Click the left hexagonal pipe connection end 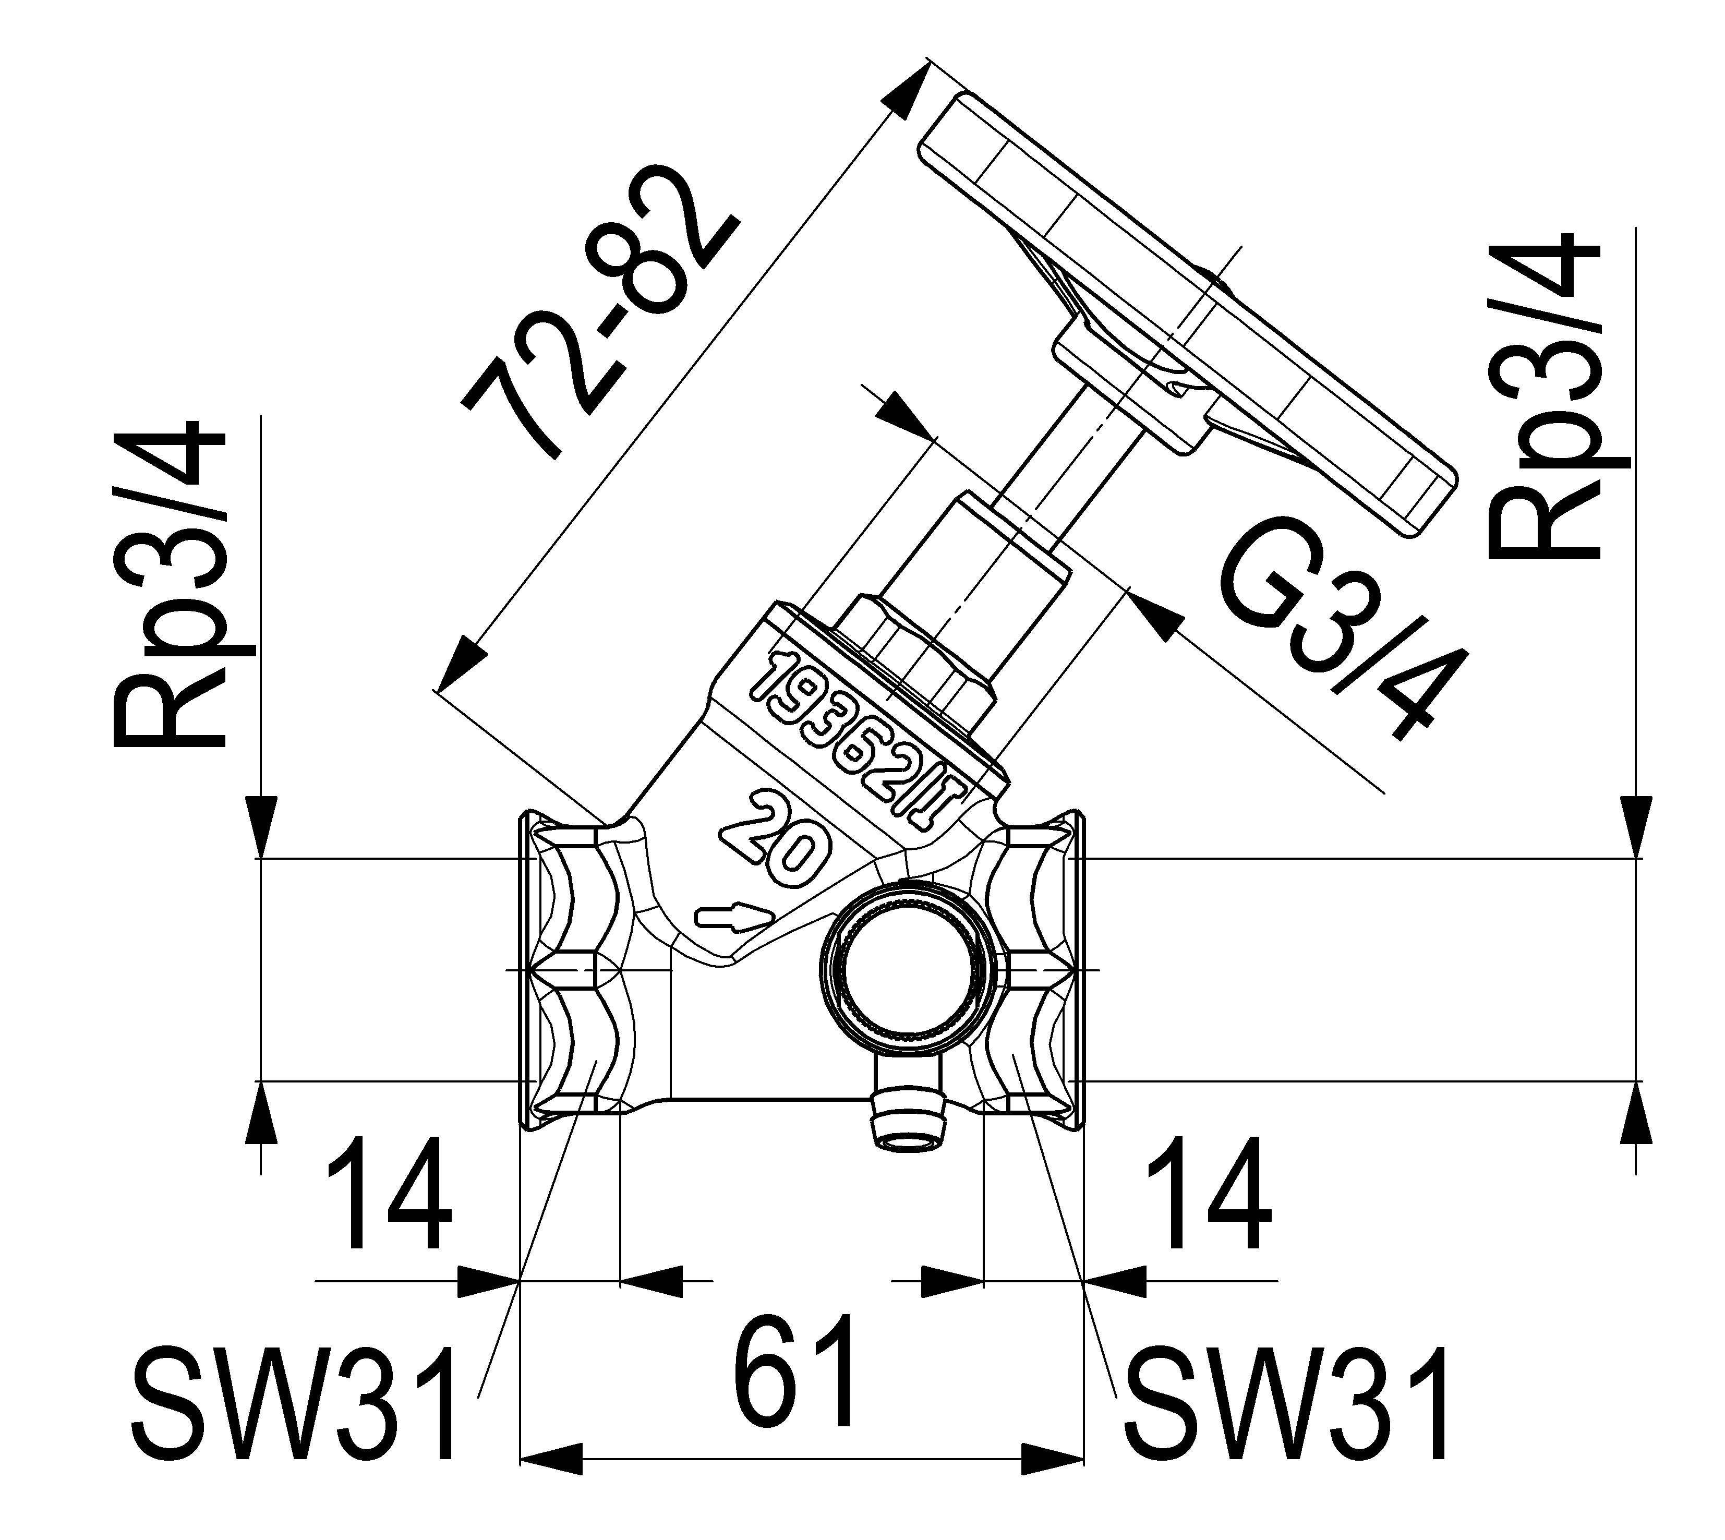(575, 973)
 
